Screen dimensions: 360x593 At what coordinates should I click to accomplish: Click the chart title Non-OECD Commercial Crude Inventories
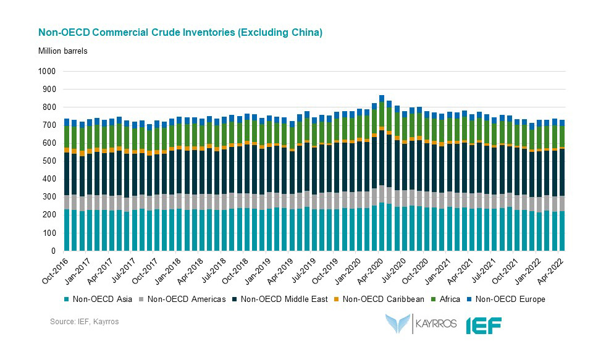pyautogui.click(x=180, y=32)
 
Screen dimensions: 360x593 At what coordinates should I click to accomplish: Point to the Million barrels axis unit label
pyautogui.click(x=63, y=51)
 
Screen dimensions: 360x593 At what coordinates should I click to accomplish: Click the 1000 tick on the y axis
pyautogui.click(x=47, y=72)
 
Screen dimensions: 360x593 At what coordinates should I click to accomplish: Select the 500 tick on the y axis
pyautogui.click(x=49, y=162)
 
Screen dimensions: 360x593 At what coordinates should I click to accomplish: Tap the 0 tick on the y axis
pyautogui.click(x=53, y=251)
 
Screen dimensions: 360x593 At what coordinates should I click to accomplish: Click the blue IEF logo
pyautogui.click(x=483, y=324)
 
